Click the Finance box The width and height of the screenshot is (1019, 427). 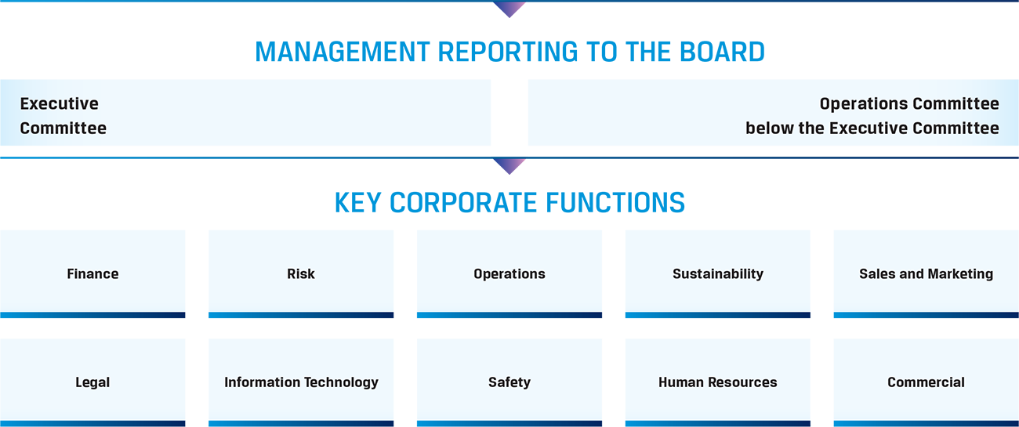tap(92, 273)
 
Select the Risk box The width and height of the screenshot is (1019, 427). tap(301, 273)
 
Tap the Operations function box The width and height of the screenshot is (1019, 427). tap(509, 273)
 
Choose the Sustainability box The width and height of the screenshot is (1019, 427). tap(718, 273)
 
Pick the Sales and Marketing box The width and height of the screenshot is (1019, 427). tap(927, 273)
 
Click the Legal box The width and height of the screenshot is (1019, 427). tap(92, 382)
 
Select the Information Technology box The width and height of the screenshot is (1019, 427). tap(301, 382)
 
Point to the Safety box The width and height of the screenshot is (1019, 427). tap(509, 382)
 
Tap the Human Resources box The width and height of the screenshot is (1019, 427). tap(718, 382)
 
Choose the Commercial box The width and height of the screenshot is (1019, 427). tap(927, 382)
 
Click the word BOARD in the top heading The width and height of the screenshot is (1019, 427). tap(722, 52)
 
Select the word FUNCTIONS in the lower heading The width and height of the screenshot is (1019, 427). tap(615, 203)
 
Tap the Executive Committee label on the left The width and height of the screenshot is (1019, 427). tap(63, 116)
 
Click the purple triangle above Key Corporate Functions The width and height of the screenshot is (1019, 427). tap(509, 165)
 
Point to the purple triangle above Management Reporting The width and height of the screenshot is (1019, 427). tap(509, 9)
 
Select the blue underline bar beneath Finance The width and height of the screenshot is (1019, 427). tap(92, 315)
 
